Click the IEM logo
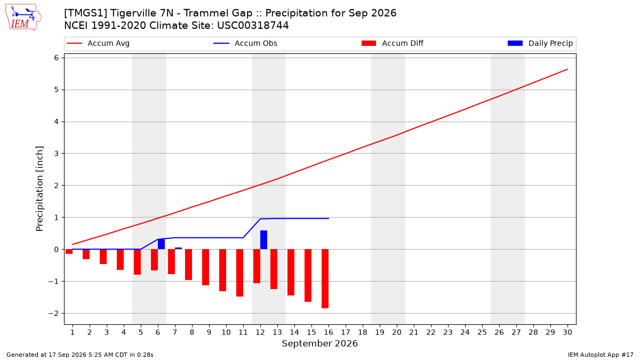pos(23,18)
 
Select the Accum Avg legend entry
pos(98,43)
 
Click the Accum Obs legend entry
pos(245,43)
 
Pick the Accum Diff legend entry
pos(393,43)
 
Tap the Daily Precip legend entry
pos(540,43)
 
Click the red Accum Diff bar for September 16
pos(325,278)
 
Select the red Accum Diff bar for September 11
pos(239,273)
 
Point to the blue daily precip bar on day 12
pos(263,239)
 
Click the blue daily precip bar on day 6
pos(161,244)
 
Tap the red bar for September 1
pos(69,251)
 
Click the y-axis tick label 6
pos(57,58)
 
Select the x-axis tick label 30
pos(567,332)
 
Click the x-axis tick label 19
pos(380,332)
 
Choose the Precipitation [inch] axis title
pos(39,189)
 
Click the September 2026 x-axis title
pos(319,343)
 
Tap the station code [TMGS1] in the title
pos(85,13)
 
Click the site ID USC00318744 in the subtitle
pos(253,26)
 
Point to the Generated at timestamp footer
pos(79,355)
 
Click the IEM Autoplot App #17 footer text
pos(601,355)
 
